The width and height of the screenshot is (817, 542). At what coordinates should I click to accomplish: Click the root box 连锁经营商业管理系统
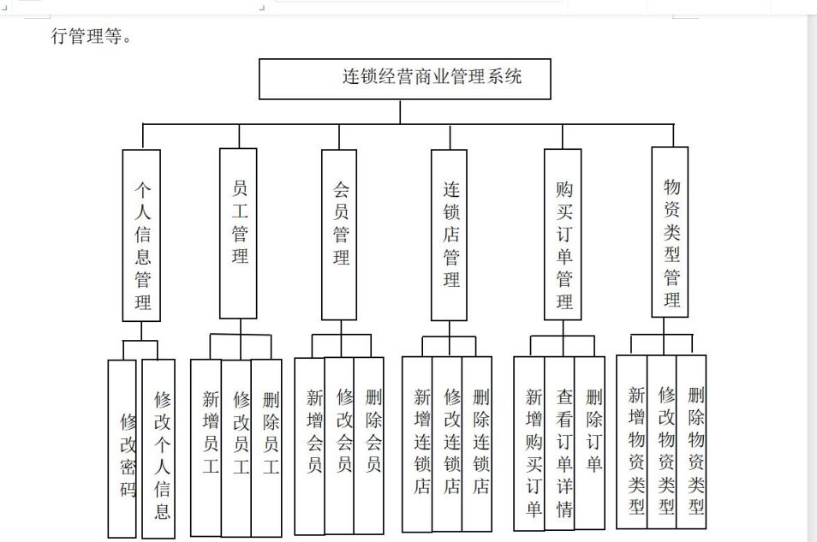click(405, 79)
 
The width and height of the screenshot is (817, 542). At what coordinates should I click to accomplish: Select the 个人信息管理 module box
click(141, 235)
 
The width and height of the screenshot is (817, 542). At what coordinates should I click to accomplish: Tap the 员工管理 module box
click(238, 233)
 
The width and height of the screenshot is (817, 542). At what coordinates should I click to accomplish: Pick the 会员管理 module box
click(339, 235)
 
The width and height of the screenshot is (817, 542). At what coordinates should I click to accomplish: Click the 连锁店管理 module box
click(449, 235)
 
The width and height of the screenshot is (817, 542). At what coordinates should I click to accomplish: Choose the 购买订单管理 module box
click(563, 235)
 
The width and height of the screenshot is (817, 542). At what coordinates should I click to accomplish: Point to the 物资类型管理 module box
click(670, 232)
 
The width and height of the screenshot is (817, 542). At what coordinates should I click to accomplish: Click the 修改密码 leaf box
click(122, 449)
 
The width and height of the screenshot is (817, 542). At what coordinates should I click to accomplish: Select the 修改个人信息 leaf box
click(158, 449)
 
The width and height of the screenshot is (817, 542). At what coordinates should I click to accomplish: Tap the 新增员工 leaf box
click(206, 448)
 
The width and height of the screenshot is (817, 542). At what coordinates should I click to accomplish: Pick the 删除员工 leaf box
click(267, 448)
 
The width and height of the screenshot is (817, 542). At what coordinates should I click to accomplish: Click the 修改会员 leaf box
click(339, 445)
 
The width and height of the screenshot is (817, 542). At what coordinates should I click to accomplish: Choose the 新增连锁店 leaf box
click(417, 444)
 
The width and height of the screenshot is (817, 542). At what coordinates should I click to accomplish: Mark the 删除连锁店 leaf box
click(477, 444)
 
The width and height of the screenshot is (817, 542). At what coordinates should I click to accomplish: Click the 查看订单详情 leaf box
click(559, 444)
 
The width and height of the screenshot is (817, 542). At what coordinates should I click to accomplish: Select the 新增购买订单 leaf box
click(529, 444)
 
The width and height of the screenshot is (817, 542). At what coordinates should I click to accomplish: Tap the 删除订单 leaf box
click(590, 443)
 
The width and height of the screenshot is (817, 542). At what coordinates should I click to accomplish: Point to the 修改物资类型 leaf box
click(662, 442)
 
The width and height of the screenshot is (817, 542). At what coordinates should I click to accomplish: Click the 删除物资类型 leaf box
click(691, 442)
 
